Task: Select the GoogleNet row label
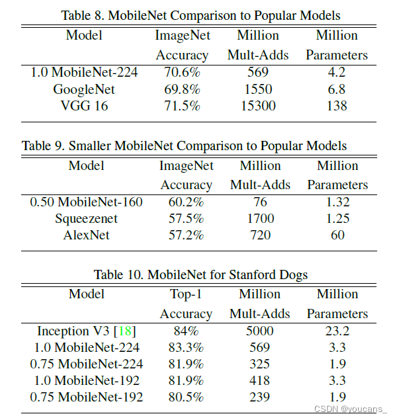[x=84, y=89]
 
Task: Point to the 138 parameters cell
[x=337, y=106]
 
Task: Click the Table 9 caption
[x=184, y=146]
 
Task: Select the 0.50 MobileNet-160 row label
[x=86, y=202]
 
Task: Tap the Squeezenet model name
[x=87, y=218]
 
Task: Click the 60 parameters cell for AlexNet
[x=337, y=235]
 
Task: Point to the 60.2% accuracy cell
[x=186, y=202]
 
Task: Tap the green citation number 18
[x=125, y=331]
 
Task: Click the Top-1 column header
[x=186, y=294]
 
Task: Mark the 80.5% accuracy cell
[x=186, y=398]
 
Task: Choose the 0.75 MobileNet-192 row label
[x=87, y=398]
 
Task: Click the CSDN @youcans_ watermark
[x=350, y=409]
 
